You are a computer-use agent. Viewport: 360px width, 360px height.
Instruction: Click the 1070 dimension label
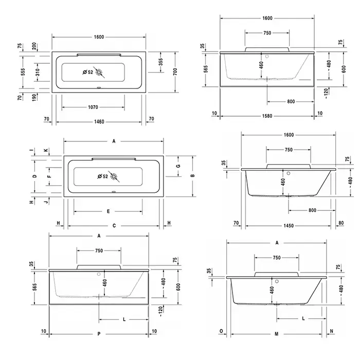[x=93, y=107]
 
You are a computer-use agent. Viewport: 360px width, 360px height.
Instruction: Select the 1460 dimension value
[x=99, y=122]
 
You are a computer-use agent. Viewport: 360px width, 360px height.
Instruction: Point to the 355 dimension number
[x=160, y=62]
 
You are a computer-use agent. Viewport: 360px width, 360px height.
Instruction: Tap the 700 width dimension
[x=175, y=71]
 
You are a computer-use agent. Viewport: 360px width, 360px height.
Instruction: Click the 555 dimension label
[x=23, y=72]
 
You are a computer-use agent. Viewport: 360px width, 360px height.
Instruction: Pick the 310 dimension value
[x=38, y=72]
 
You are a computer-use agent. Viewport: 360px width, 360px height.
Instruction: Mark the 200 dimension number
[x=34, y=46]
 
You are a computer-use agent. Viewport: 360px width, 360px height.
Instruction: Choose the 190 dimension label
[x=34, y=98]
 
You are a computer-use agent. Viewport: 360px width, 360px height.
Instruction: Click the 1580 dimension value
[x=267, y=116]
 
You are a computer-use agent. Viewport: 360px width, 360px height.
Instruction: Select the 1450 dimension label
[x=289, y=226]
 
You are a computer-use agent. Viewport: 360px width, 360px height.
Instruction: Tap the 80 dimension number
[x=341, y=223]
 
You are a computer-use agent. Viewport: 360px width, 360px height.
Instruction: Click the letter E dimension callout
[x=109, y=211]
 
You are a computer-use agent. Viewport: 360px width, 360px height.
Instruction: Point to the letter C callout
[x=114, y=226]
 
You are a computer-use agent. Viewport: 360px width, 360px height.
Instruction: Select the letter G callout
[x=178, y=166]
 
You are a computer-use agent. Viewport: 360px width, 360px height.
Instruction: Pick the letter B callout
[x=193, y=176]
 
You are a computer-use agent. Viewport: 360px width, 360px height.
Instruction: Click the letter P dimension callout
[x=99, y=334]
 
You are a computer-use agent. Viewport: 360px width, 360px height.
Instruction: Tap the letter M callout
[x=277, y=334]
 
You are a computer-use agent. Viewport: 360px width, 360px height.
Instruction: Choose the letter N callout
[x=332, y=331]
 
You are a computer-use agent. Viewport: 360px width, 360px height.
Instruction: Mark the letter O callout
[x=221, y=331]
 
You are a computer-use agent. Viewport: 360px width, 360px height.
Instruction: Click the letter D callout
[x=34, y=176]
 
